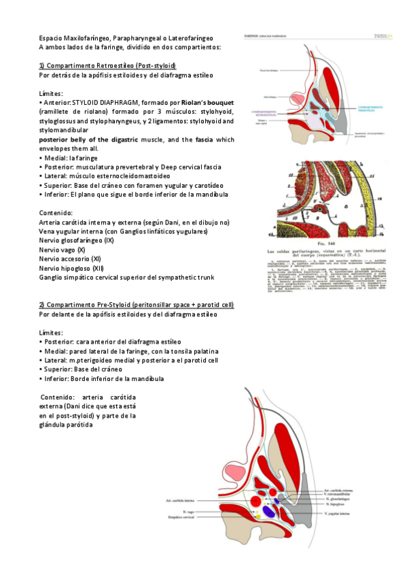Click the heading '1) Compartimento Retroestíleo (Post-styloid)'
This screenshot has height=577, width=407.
[107, 65]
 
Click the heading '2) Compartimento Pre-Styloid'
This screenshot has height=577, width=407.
[137, 304]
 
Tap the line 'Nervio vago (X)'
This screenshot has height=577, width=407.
[63, 250]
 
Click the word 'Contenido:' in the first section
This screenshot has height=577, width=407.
[57, 212]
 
